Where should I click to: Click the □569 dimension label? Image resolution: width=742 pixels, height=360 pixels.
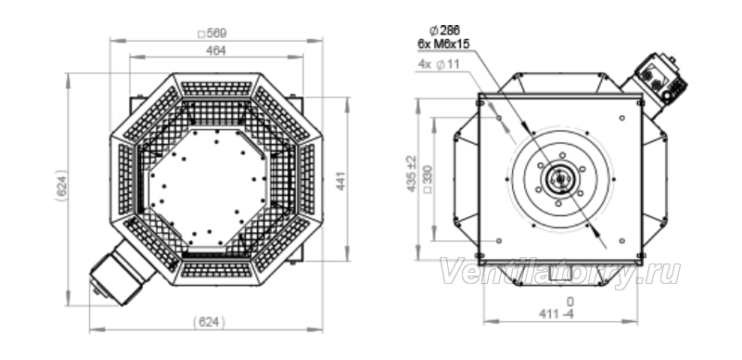212,33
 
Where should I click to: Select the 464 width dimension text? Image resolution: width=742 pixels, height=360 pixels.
216,51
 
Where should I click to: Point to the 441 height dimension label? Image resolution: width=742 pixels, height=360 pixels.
340,181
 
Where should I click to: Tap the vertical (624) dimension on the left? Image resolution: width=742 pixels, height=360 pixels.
61,186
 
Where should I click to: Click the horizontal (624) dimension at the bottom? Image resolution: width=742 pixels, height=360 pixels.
210,322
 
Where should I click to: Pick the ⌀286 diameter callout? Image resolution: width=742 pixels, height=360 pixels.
444,31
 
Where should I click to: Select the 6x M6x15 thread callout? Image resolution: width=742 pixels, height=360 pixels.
443,44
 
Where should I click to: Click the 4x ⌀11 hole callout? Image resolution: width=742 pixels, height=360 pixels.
439,65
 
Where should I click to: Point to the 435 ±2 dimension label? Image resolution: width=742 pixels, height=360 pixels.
412,174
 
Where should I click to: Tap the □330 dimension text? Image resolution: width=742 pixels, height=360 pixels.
428,178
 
